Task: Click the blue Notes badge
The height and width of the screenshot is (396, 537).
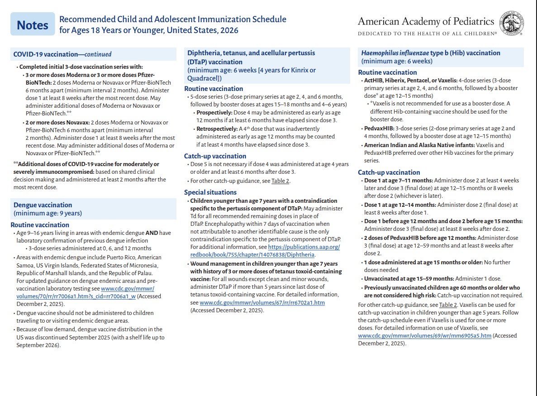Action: (32, 25)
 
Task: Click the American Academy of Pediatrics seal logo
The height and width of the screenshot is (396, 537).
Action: (511, 24)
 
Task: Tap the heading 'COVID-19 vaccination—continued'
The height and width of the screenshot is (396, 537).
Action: (62, 54)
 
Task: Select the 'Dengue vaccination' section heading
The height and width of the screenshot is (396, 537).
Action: (43, 205)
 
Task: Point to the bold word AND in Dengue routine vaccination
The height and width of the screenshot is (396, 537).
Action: (152, 233)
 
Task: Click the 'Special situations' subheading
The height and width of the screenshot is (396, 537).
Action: (210, 192)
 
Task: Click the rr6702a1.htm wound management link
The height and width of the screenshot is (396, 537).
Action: (262, 302)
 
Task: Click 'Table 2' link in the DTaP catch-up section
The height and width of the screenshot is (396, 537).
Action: (280, 181)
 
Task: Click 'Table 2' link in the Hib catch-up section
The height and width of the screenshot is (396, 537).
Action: (448, 305)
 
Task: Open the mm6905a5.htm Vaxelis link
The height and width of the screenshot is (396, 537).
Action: (424, 336)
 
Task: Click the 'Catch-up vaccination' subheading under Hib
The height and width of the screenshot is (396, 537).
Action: (389, 172)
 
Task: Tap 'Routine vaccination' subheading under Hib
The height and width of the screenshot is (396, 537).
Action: (387, 72)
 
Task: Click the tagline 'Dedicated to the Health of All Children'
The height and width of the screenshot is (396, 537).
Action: (427, 33)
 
